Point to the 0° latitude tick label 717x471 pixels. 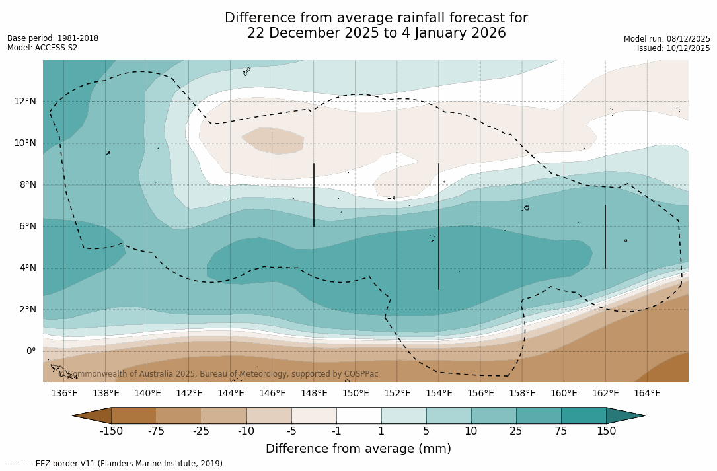point(30,351)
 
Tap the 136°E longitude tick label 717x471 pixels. point(64,394)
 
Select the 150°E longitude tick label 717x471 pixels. point(356,394)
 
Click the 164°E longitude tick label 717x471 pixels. point(647,394)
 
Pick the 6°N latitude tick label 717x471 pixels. point(26,226)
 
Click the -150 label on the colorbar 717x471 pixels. point(112,431)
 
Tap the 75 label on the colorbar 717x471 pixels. point(561,431)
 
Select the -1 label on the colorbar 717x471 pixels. point(336,431)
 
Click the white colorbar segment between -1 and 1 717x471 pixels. point(359,416)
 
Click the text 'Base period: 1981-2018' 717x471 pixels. point(53,38)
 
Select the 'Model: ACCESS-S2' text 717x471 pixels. point(42,48)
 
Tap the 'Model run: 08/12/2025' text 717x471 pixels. point(667,39)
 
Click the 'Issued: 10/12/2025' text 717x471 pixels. point(673,48)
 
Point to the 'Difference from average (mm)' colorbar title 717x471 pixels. point(358,449)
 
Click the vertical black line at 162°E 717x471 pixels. point(605,236)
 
